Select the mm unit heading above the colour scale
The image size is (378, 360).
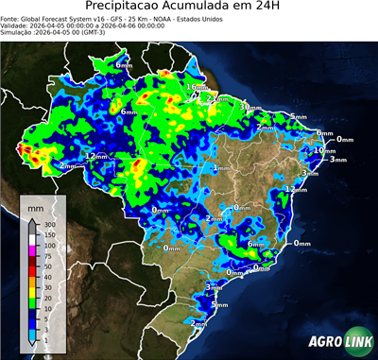pos(35,205)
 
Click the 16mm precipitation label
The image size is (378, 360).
pos(196,88)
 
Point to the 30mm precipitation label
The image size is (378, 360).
pos(250,107)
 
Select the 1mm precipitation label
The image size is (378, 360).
pos(221,168)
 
